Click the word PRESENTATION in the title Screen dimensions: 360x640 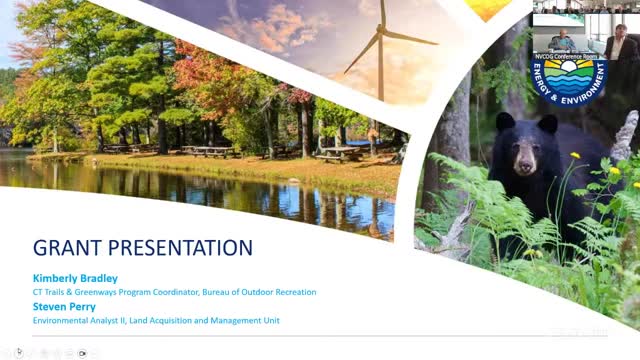[x=180, y=247]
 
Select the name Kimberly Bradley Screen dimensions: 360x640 [x=74, y=279]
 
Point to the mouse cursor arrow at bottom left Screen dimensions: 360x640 [x=19, y=351]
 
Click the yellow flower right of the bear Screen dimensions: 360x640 [x=575, y=156]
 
